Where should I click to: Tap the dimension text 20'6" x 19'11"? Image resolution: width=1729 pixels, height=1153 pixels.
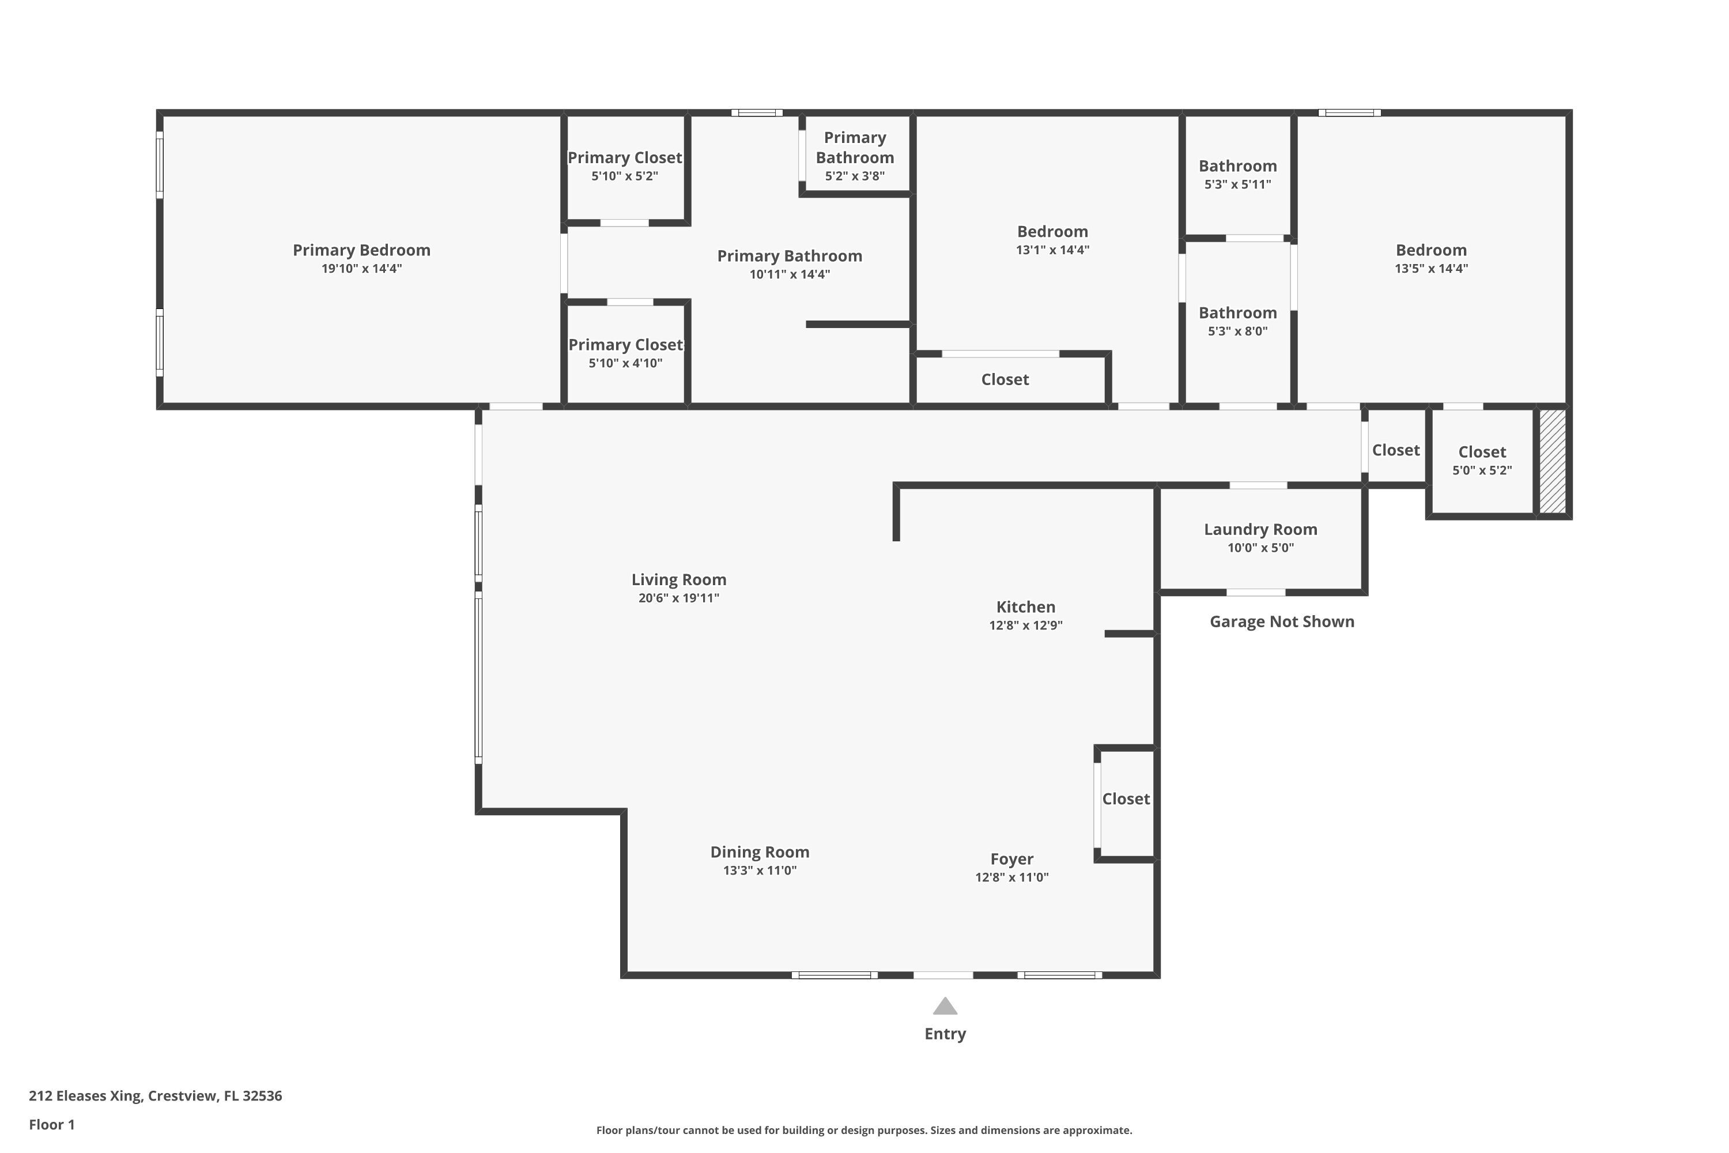[678, 598]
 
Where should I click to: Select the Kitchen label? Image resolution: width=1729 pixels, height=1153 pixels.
[1025, 606]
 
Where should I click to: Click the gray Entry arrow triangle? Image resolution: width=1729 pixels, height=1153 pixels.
[945, 1007]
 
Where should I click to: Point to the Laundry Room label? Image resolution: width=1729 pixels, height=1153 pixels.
[1260, 529]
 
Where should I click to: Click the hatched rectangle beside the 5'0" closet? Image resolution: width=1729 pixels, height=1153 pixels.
[1552, 461]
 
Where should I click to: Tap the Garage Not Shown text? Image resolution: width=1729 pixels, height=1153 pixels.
[1281, 621]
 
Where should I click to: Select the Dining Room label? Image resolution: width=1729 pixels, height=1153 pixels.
[760, 851]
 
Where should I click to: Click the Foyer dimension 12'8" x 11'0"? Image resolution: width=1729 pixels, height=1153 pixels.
[1011, 877]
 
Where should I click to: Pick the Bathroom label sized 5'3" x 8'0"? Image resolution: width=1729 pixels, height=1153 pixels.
[1237, 312]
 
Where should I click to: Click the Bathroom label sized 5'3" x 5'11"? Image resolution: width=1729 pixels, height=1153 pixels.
[1237, 166]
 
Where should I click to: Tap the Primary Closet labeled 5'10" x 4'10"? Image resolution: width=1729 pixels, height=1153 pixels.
[625, 345]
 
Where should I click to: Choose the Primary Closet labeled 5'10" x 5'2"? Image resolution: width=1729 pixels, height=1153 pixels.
[624, 157]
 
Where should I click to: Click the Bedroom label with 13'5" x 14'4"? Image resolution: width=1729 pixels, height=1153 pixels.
[1430, 250]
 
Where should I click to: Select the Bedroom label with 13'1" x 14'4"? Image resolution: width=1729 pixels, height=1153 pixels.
[1052, 232]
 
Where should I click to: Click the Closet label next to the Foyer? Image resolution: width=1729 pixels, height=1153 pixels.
[1126, 798]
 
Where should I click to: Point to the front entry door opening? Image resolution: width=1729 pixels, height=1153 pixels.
[943, 975]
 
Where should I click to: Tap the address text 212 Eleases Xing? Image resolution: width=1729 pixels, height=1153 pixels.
[155, 1096]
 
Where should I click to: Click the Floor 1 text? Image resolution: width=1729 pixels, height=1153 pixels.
[51, 1124]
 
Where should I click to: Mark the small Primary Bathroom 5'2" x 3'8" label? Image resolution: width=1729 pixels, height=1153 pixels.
[854, 148]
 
